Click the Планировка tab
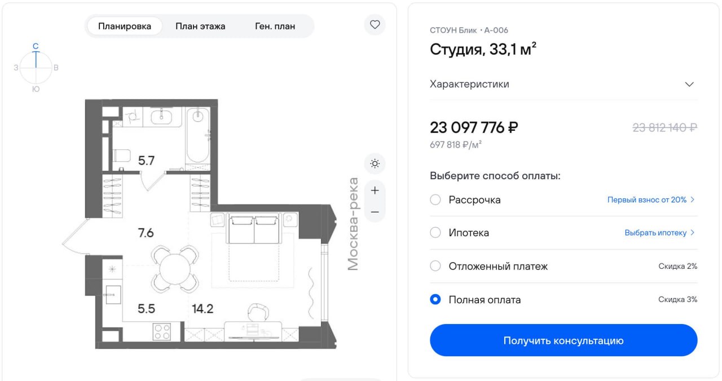coord(125,26)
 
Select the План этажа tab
coord(200,26)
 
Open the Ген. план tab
coord(275,26)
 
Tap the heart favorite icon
coord(375,24)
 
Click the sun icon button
coord(375,163)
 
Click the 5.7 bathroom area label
coord(146,161)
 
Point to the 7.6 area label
coord(146,233)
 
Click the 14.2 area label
coord(202,308)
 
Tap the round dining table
coord(175,269)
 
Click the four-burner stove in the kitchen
coord(162,332)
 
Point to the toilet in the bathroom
coord(122,156)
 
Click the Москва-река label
coord(353,224)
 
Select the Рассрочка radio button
coord(435,200)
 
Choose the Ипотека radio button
coord(435,233)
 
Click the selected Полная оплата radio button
coord(435,299)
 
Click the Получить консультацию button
coord(563,340)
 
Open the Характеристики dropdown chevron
coord(689,85)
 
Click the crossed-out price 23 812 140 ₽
coord(664,128)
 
